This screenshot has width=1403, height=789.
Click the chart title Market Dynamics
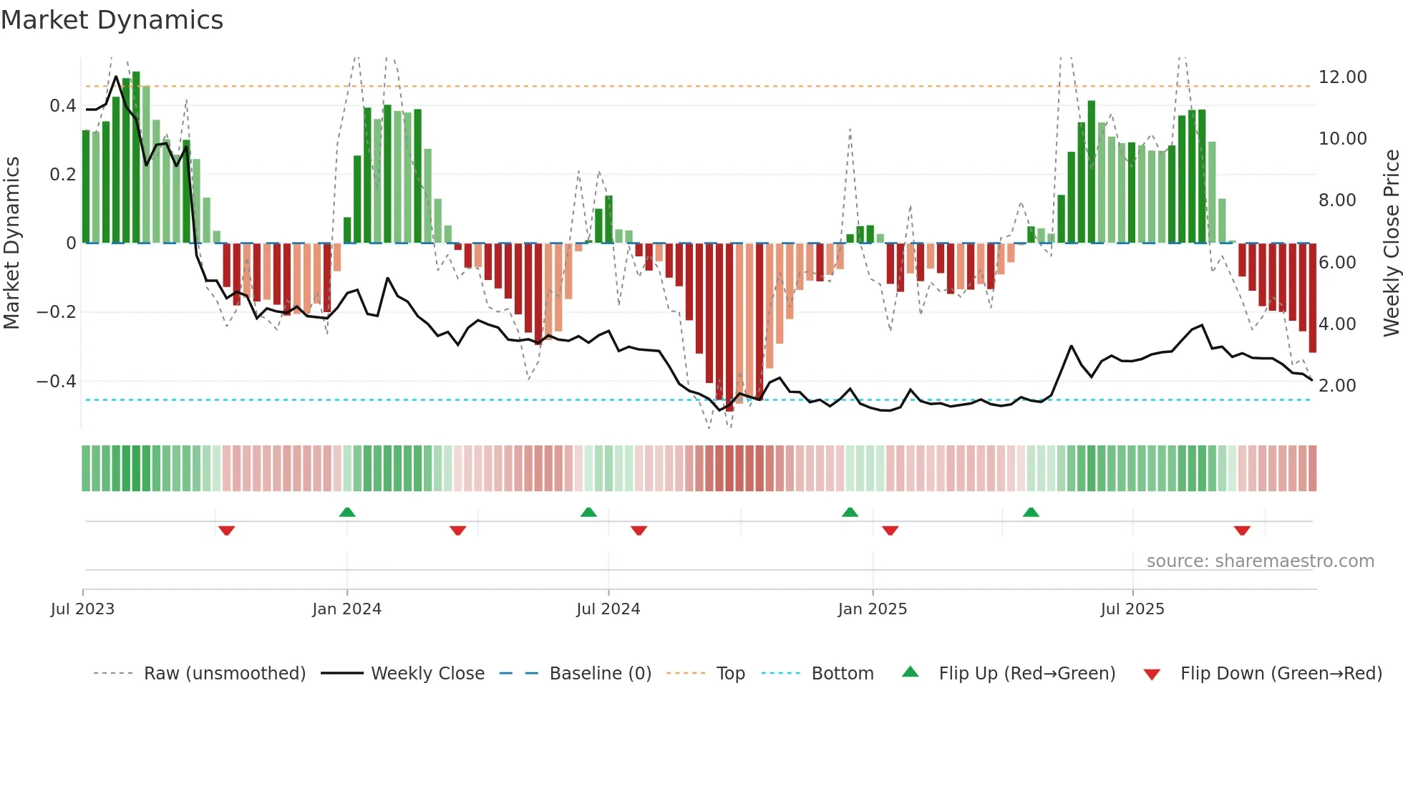point(112,20)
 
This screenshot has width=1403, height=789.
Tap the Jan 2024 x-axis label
point(346,609)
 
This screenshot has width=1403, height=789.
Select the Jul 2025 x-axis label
point(1132,609)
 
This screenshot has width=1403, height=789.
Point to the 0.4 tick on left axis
point(63,106)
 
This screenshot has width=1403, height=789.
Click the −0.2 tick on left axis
point(57,312)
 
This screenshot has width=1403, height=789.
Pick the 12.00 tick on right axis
point(1342,77)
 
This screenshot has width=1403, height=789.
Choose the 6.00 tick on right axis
point(1337,263)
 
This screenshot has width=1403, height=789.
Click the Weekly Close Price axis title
point(1391,243)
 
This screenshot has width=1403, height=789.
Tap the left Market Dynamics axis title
point(11,243)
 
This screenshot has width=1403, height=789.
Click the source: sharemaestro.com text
point(1260,561)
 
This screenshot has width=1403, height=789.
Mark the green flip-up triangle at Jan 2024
point(347,512)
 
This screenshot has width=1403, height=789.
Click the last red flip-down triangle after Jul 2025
point(1242,531)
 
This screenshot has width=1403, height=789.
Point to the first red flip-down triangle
point(227,531)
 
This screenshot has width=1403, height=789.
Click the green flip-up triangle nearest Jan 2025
point(850,512)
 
